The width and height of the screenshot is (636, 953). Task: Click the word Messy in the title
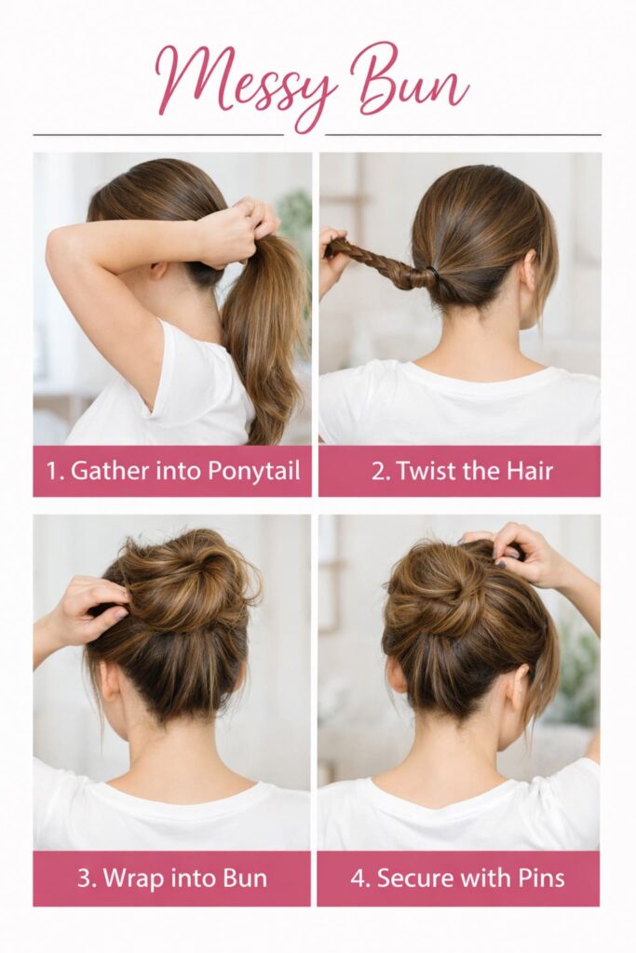pyautogui.click(x=247, y=82)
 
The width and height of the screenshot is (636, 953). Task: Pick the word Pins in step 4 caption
pyautogui.click(x=537, y=878)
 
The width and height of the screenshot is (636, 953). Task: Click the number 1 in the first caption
pyautogui.click(x=52, y=471)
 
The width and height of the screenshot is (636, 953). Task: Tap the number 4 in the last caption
pyautogui.click(x=359, y=878)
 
